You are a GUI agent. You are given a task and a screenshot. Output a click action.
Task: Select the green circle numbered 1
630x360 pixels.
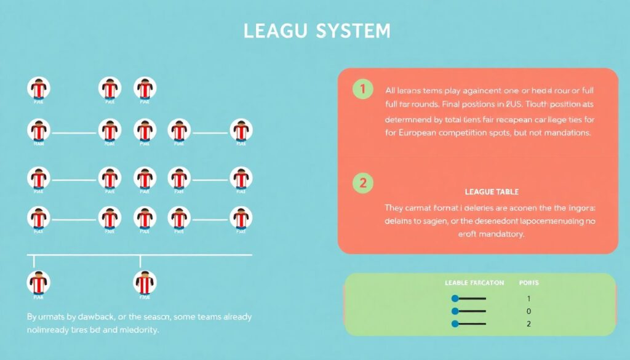(362, 89)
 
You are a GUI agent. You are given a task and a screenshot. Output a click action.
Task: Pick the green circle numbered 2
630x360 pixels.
(362, 182)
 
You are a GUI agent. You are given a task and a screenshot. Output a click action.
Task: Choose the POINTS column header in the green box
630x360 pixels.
(529, 282)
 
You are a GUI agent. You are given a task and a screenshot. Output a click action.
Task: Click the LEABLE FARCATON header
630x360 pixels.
(474, 282)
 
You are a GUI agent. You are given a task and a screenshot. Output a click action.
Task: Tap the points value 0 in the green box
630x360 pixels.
(528, 311)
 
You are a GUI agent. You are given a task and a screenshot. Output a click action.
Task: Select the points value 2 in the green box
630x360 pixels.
(528, 324)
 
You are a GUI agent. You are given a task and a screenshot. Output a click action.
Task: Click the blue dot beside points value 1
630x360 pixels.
(455, 298)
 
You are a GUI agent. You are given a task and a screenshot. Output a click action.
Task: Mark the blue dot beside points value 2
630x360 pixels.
(455, 324)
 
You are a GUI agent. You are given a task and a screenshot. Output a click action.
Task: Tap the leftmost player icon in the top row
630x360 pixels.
(38, 89)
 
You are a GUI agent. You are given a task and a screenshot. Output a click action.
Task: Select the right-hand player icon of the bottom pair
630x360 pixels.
(145, 283)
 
